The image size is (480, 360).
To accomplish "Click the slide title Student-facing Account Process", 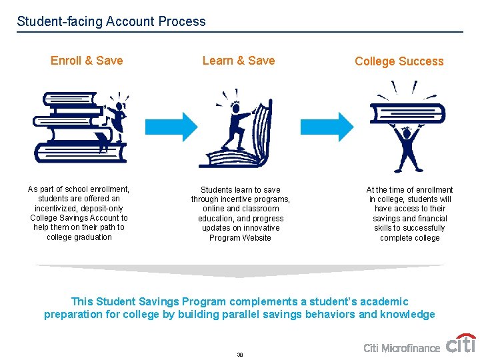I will click(x=111, y=21).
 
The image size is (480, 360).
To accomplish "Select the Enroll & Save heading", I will click(x=87, y=61).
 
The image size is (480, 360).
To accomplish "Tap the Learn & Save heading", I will click(x=239, y=61).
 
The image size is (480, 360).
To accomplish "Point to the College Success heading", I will click(x=399, y=61).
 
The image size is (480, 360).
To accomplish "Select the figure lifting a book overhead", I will click(x=407, y=133).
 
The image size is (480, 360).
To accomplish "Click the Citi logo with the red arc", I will click(x=461, y=343).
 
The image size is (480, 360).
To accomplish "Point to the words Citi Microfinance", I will click(x=401, y=348).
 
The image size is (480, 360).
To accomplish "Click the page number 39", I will click(x=239, y=355).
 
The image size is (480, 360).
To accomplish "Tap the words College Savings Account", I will click(x=79, y=218).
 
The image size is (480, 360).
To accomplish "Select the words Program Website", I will click(x=240, y=237).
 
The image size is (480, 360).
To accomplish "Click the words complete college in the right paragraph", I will click(x=409, y=237).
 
